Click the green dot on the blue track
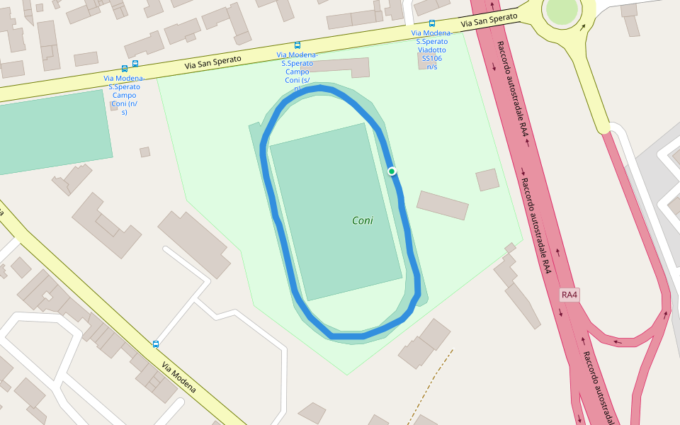[x=392, y=171]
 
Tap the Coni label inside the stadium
[x=363, y=220]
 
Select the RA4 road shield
[x=569, y=295]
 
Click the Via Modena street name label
[x=178, y=378]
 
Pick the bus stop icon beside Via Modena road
[x=156, y=344]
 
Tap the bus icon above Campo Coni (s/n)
[x=297, y=45]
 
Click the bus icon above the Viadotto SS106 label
[x=431, y=23]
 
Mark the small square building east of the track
[x=487, y=180]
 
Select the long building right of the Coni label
[x=443, y=205]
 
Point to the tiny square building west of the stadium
[x=144, y=152]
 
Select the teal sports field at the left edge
[x=53, y=132]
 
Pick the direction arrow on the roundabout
[x=583, y=28]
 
